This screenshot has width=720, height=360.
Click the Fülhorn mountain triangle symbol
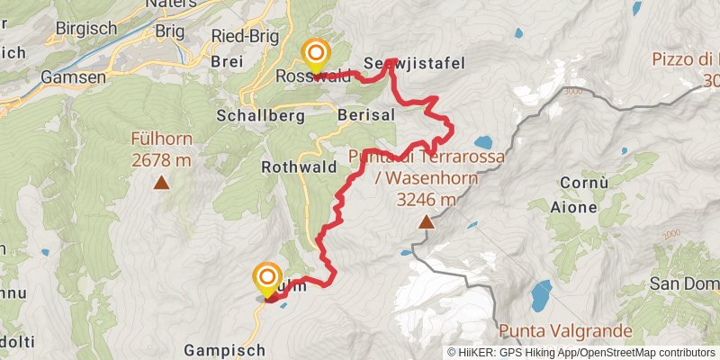162,184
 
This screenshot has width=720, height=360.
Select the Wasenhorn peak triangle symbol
426,220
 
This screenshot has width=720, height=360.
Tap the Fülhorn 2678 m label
162,151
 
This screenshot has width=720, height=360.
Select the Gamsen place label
67,77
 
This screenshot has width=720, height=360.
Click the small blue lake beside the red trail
481,142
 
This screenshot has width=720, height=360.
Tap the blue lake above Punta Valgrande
541,294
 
